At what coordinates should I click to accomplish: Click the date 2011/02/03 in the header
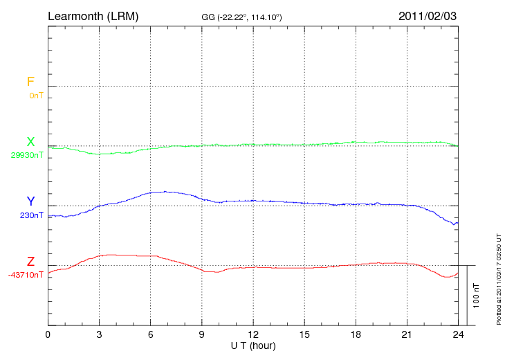pos(428,15)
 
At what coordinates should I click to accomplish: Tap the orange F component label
pos(30,82)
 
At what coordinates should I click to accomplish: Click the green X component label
pos(30,142)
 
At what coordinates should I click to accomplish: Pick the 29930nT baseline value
pos(27,155)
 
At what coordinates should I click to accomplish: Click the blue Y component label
pos(30,201)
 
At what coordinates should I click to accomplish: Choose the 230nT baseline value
pos(32,215)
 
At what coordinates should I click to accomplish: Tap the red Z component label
pos(30,262)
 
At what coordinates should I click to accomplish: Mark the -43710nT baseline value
pos(26,275)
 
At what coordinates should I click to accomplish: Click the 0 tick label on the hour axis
pos(48,335)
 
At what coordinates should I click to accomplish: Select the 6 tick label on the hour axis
pos(151,335)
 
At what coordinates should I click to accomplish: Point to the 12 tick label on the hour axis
pos(253,335)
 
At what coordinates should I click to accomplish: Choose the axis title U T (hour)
pos(253,345)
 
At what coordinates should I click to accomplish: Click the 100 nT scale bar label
pos(476,296)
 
